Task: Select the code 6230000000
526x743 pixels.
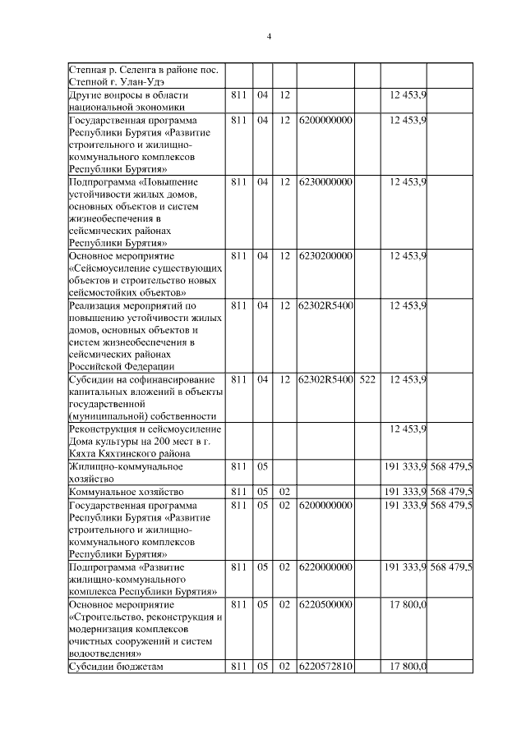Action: [x=325, y=181]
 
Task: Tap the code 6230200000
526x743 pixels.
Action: [x=325, y=255]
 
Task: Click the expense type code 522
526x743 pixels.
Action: [x=367, y=379]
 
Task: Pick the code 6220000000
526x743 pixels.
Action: [x=325, y=566]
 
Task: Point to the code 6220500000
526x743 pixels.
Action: [x=325, y=604]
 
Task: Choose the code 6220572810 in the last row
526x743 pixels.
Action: [x=325, y=666]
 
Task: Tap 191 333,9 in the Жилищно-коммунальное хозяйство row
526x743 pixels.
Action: [x=404, y=466]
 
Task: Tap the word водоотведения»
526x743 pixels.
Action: [x=103, y=654]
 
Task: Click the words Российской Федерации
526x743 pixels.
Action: [x=121, y=366]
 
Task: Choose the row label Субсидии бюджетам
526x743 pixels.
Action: [x=117, y=666]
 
